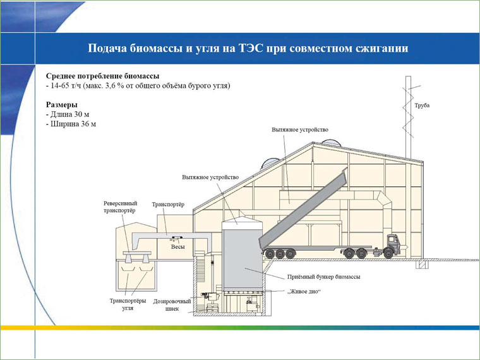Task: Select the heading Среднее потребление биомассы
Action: coord(102,76)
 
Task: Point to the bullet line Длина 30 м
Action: coord(68,114)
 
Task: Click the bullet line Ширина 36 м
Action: coord(71,124)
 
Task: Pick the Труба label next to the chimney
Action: coord(422,105)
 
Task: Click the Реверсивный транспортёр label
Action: coord(120,207)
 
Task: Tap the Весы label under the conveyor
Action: coord(178,247)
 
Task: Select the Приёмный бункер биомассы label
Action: coord(323,277)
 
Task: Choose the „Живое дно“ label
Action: coord(304,291)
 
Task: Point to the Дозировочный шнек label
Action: coord(172,305)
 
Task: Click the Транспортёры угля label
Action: coord(128,304)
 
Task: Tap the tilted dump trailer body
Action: coord(304,209)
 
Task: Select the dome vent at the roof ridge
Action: coord(332,143)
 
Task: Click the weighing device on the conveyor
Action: coord(177,238)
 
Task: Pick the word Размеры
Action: coord(62,105)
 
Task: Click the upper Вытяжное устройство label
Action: coord(300,130)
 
